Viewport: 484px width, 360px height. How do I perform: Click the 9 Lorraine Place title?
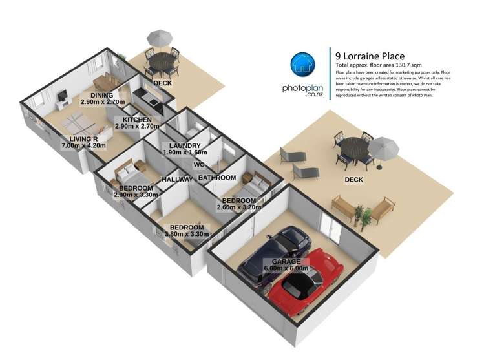369,56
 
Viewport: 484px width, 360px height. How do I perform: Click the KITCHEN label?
133,120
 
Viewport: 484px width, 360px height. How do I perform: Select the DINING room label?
102,95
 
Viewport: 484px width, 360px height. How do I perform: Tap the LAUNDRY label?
184,145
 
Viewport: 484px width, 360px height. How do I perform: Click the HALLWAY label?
177,179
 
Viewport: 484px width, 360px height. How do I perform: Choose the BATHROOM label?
216,177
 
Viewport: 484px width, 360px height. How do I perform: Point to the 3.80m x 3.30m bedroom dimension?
187,235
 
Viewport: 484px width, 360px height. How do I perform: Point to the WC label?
198,164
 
